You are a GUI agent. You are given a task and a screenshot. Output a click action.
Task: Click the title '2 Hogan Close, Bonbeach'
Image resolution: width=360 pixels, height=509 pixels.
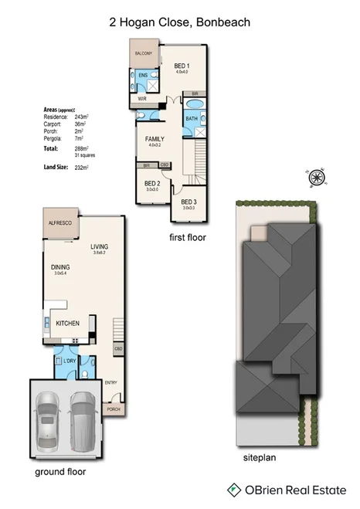[179, 23]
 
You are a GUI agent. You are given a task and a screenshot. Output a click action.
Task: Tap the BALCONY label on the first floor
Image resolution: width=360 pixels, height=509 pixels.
[144, 53]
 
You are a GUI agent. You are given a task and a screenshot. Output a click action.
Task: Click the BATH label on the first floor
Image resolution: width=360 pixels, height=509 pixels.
[191, 118]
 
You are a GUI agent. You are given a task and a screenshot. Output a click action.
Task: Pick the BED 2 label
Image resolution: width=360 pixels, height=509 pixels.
[152, 183]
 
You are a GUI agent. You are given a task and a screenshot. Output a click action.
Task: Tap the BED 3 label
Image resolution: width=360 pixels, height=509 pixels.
[189, 202]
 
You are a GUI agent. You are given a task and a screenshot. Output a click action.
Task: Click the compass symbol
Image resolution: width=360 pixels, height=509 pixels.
[316, 177]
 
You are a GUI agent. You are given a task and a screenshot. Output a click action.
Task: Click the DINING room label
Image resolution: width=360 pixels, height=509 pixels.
[60, 267]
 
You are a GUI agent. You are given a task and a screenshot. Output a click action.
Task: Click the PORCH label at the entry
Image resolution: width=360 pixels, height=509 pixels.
[114, 409]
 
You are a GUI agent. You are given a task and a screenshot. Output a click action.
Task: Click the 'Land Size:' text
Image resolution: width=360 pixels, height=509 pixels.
[57, 167]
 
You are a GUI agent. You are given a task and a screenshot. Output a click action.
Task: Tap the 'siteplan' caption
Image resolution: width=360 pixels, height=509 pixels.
[260, 457]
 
